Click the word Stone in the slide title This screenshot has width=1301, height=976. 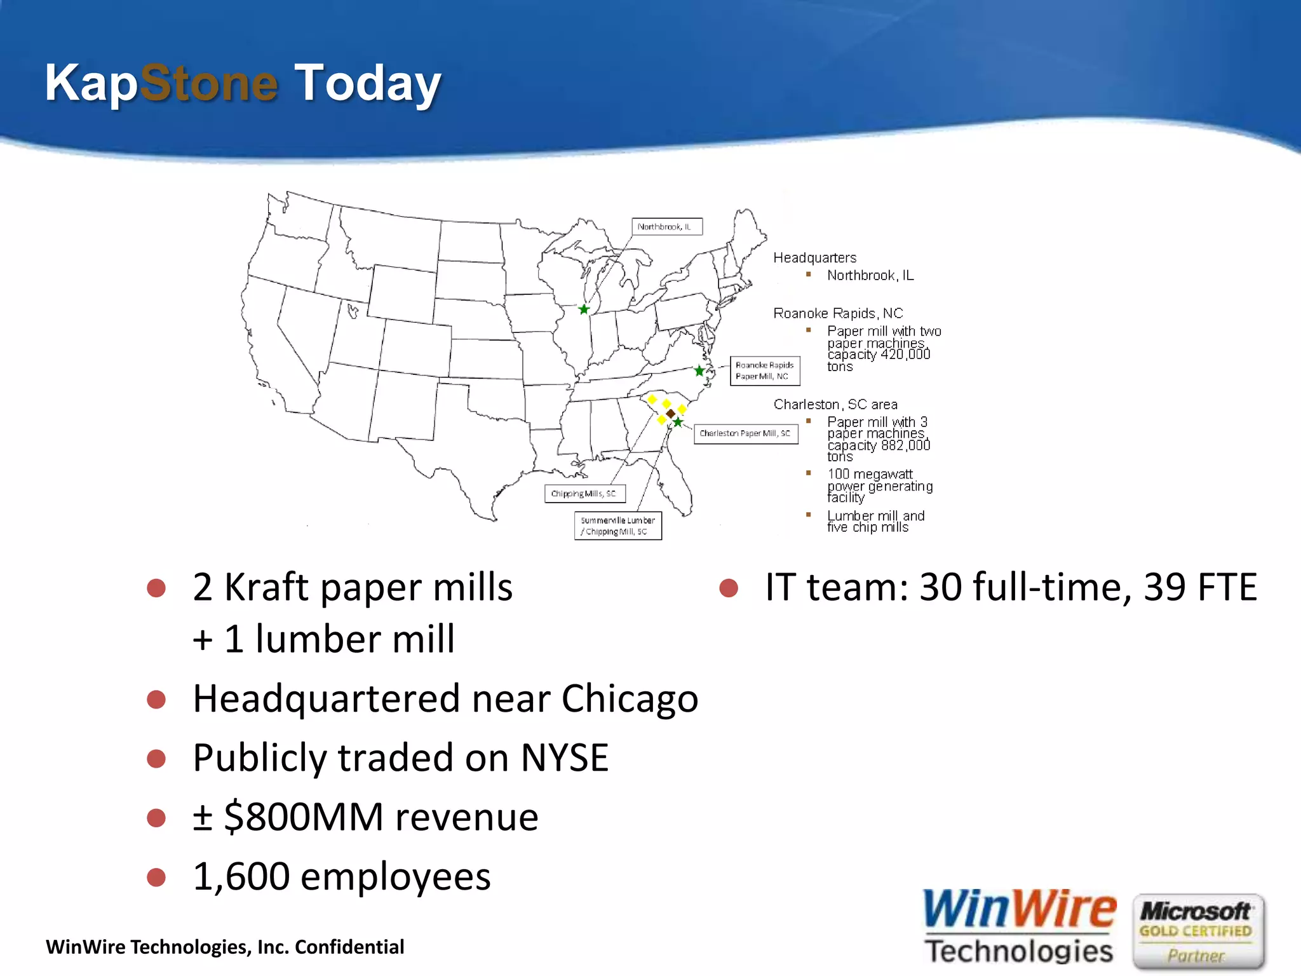[x=208, y=83]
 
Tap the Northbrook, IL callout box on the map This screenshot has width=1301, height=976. [x=666, y=227]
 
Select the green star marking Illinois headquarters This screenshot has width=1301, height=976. [x=584, y=309]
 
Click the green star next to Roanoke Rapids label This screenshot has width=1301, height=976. [x=699, y=370]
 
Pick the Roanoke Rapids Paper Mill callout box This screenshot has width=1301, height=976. [x=764, y=370]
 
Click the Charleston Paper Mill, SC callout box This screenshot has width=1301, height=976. [x=745, y=433]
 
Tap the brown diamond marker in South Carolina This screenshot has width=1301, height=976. [x=670, y=414]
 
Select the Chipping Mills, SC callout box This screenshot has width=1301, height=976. [x=584, y=494]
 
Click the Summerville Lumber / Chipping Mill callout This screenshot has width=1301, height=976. [x=617, y=526]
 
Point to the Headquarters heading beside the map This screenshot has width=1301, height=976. [x=814, y=258]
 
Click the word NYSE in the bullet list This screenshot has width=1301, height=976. [x=564, y=757]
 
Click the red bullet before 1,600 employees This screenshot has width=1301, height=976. [x=156, y=877]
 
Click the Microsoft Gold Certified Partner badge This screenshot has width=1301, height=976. [x=1197, y=931]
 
